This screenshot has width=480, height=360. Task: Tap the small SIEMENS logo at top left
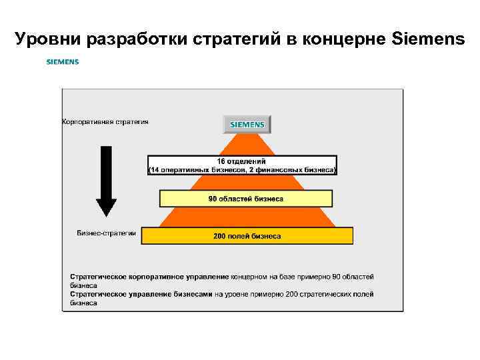(63, 62)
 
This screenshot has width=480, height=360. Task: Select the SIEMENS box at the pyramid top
(247, 125)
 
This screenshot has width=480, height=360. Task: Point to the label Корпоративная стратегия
(105, 122)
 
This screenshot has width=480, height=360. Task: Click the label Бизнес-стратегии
(107, 233)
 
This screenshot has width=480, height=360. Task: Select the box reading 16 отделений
(242, 165)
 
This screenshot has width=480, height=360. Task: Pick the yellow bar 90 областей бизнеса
(246, 199)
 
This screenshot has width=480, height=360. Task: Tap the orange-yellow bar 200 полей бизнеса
(247, 236)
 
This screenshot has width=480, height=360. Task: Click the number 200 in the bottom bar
(219, 236)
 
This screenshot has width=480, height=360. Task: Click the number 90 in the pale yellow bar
(213, 199)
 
